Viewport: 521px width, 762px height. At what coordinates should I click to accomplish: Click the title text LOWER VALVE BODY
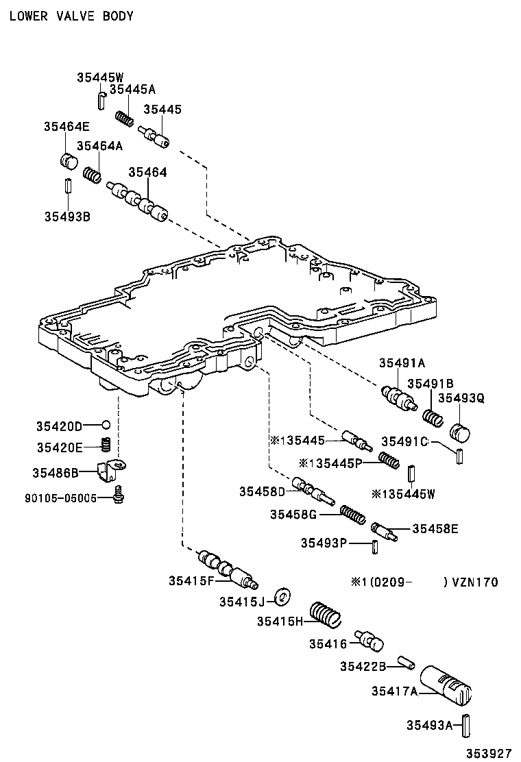pyautogui.click(x=71, y=15)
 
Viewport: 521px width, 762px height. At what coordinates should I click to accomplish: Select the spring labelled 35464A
pyautogui.click(x=93, y=175)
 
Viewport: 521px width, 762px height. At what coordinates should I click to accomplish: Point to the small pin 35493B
pyautogui.click(x=68, y=186)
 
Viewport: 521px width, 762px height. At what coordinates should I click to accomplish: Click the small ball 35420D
pyautogui.click(x=106, y=425)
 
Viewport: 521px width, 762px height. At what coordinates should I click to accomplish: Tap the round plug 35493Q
pyautogui.click(x=460, y=434)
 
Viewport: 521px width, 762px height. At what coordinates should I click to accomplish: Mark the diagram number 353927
pyautogui.click(x=489, y=752)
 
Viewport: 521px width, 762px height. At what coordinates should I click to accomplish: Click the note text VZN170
pyautogui.click(x=474, y=582)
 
